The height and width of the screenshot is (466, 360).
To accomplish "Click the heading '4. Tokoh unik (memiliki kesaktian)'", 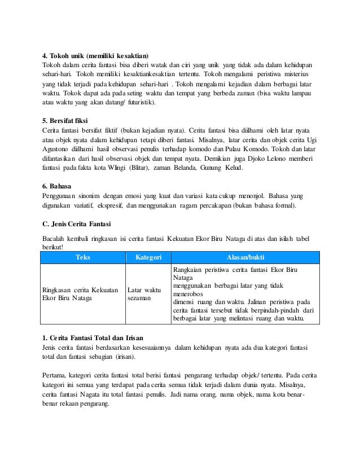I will pos(96,56).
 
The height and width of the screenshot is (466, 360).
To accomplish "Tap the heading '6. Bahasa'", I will pos(59,185).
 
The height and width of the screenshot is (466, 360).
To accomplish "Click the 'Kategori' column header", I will pos(146,257).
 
